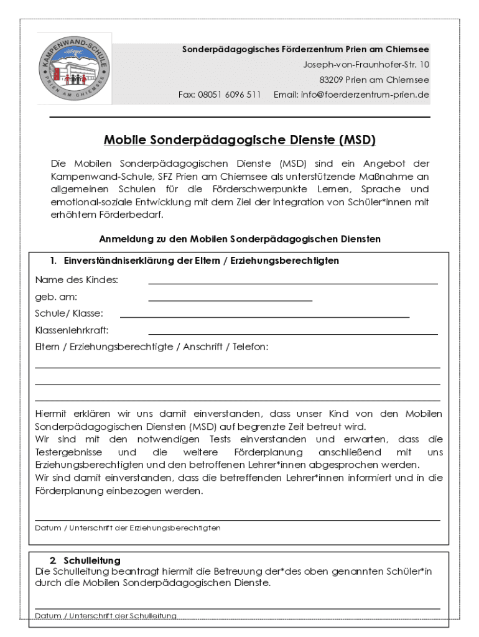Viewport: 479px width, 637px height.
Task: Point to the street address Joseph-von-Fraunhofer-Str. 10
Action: coord(366,64)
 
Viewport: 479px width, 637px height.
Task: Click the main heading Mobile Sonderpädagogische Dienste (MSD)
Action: coord(240,141)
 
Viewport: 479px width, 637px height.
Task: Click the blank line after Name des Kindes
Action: coord(292,284)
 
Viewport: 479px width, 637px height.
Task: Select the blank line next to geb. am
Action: coord(230,300)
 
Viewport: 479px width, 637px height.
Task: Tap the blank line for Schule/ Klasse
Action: coord(264,317)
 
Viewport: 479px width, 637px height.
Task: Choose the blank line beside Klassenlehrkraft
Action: coord(292,334)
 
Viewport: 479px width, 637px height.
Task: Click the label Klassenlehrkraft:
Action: coord(72,330)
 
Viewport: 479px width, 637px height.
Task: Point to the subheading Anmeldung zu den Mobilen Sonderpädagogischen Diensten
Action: coord(240,239)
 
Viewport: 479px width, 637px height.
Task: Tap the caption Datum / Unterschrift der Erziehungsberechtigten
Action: coord(128,528)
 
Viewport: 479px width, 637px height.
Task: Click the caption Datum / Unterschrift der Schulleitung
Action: coord(106,616)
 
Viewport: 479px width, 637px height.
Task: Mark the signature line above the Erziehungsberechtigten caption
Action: coord(237,519)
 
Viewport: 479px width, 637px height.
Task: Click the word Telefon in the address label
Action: coord(251,347)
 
